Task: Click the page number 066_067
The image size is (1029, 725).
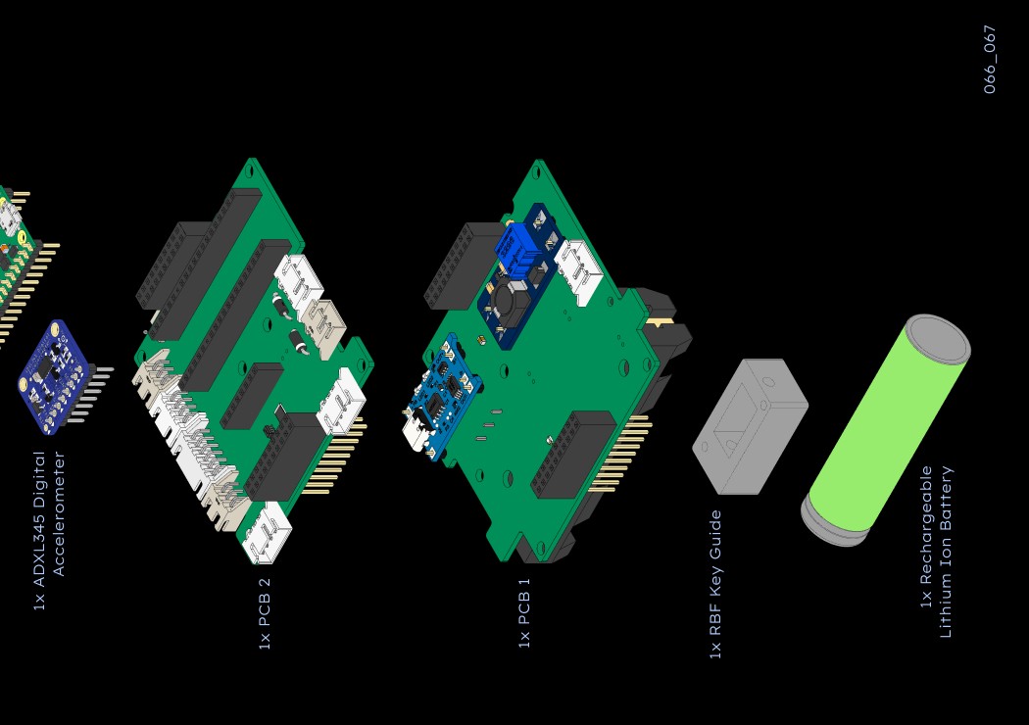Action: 990,59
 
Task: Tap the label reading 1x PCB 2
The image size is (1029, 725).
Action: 264,613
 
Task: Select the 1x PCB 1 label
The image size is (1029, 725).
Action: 524,613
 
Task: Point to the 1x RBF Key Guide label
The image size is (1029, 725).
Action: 715,584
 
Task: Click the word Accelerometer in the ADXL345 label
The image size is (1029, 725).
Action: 59,513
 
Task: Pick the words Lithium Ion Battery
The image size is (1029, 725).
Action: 946,552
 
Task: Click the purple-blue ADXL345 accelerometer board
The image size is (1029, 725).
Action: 54,375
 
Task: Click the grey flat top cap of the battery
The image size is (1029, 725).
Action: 938,339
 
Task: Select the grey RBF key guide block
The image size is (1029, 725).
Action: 750,426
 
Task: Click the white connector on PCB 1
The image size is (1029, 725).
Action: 578,269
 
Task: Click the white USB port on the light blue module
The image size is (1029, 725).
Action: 417,431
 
